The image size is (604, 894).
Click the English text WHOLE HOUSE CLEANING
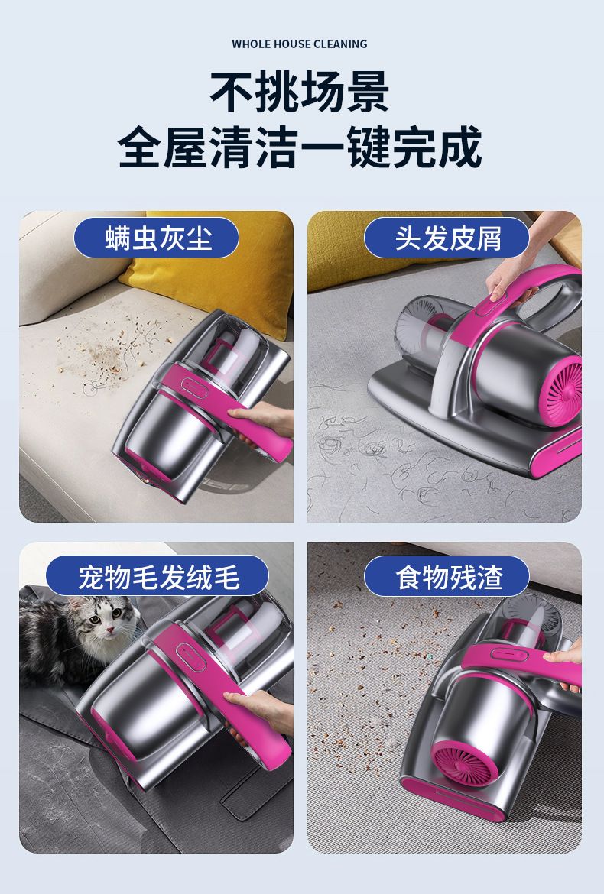(300, 44)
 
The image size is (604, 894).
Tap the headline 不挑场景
(300, 91)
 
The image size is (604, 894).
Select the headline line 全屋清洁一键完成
(300, 147)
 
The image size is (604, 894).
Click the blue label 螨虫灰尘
(156, 238)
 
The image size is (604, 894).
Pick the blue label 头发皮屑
(447, 238)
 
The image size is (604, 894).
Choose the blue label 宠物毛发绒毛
(157, 576)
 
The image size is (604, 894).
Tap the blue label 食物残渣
(447, 576)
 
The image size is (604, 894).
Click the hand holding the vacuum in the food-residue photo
(566, 661)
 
